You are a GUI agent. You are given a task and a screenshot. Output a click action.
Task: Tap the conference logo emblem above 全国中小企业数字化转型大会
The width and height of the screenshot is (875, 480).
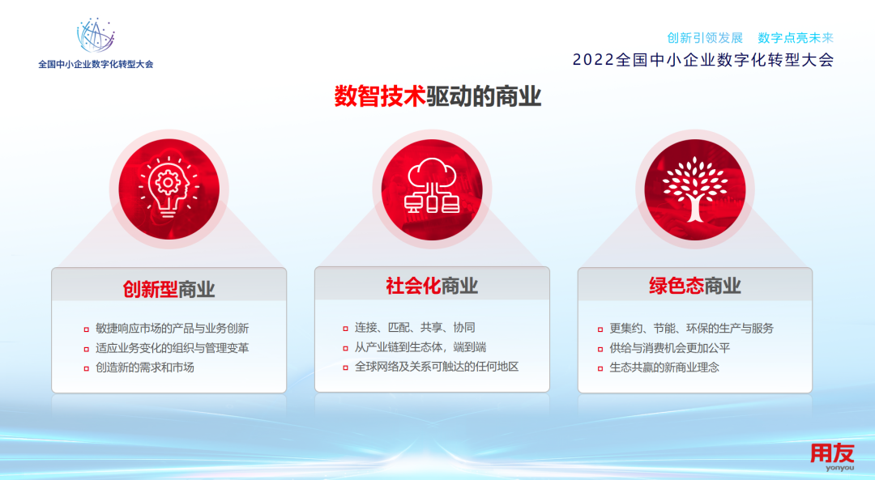[x=96, y=35]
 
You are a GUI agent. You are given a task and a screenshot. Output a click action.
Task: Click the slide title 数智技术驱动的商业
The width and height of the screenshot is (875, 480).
[x=437, y=96]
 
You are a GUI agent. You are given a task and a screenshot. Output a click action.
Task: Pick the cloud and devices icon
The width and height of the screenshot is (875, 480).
[x=432, y=186]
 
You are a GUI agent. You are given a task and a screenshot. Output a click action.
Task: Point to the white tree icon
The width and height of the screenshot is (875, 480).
[x=695, y=189]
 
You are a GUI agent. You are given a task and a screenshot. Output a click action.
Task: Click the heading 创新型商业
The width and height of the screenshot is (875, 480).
[x=169, y=289]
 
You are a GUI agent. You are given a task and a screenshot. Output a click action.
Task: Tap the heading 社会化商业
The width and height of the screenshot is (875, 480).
[x=432, y=286]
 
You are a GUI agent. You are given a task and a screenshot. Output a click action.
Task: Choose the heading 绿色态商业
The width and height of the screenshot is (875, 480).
[x=695, y=286]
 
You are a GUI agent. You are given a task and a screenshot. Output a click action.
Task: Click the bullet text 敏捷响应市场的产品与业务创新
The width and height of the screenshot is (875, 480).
[x=172, y=329]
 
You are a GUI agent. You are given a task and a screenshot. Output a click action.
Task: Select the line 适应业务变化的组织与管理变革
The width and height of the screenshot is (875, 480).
[x=172, y=348]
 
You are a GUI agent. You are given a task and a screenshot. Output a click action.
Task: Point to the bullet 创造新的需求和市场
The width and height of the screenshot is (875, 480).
[x=144, y=367]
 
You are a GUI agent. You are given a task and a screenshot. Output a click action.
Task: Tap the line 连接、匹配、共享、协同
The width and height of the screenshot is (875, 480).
[x=415, y=327]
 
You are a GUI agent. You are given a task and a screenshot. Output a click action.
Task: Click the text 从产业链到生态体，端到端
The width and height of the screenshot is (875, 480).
[x=420, y=346]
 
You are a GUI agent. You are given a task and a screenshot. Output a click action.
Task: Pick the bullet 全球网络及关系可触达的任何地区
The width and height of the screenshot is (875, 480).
[x=437, y=366]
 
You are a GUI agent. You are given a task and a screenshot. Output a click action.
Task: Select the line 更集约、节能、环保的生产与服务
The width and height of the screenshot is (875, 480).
[x=691, y=329]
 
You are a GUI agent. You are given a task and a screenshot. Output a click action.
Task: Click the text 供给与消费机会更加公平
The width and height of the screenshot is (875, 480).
[x=670, y=348]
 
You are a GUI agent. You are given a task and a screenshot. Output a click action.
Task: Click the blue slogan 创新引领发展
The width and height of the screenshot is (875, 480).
[x=705, y=38]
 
